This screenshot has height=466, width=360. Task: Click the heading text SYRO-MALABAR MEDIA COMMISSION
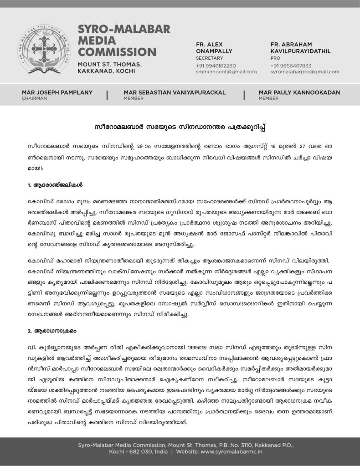coord(117,41)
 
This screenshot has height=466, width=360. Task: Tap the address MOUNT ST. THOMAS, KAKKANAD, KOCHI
coord(109,67)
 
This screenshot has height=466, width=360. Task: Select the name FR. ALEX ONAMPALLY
coord(214,48)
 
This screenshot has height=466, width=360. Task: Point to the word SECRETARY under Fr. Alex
coord(209,58)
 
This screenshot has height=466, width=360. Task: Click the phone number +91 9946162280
coord(216,66)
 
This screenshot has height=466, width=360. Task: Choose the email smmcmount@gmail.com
coord(226,72)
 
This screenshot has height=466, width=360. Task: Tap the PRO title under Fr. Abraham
coord(275,58)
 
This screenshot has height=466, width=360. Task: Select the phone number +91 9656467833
coord(291,66)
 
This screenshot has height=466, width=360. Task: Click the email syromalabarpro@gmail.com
coord(304,72)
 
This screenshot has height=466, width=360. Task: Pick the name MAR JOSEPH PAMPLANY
coord(57,92)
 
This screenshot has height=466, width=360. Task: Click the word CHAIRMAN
coord(34,98)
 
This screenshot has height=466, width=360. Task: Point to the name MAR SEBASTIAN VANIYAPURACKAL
coord(175,92)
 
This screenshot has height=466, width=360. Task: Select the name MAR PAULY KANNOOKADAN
coord(299,92)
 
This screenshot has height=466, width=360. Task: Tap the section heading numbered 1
coord(55,185)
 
